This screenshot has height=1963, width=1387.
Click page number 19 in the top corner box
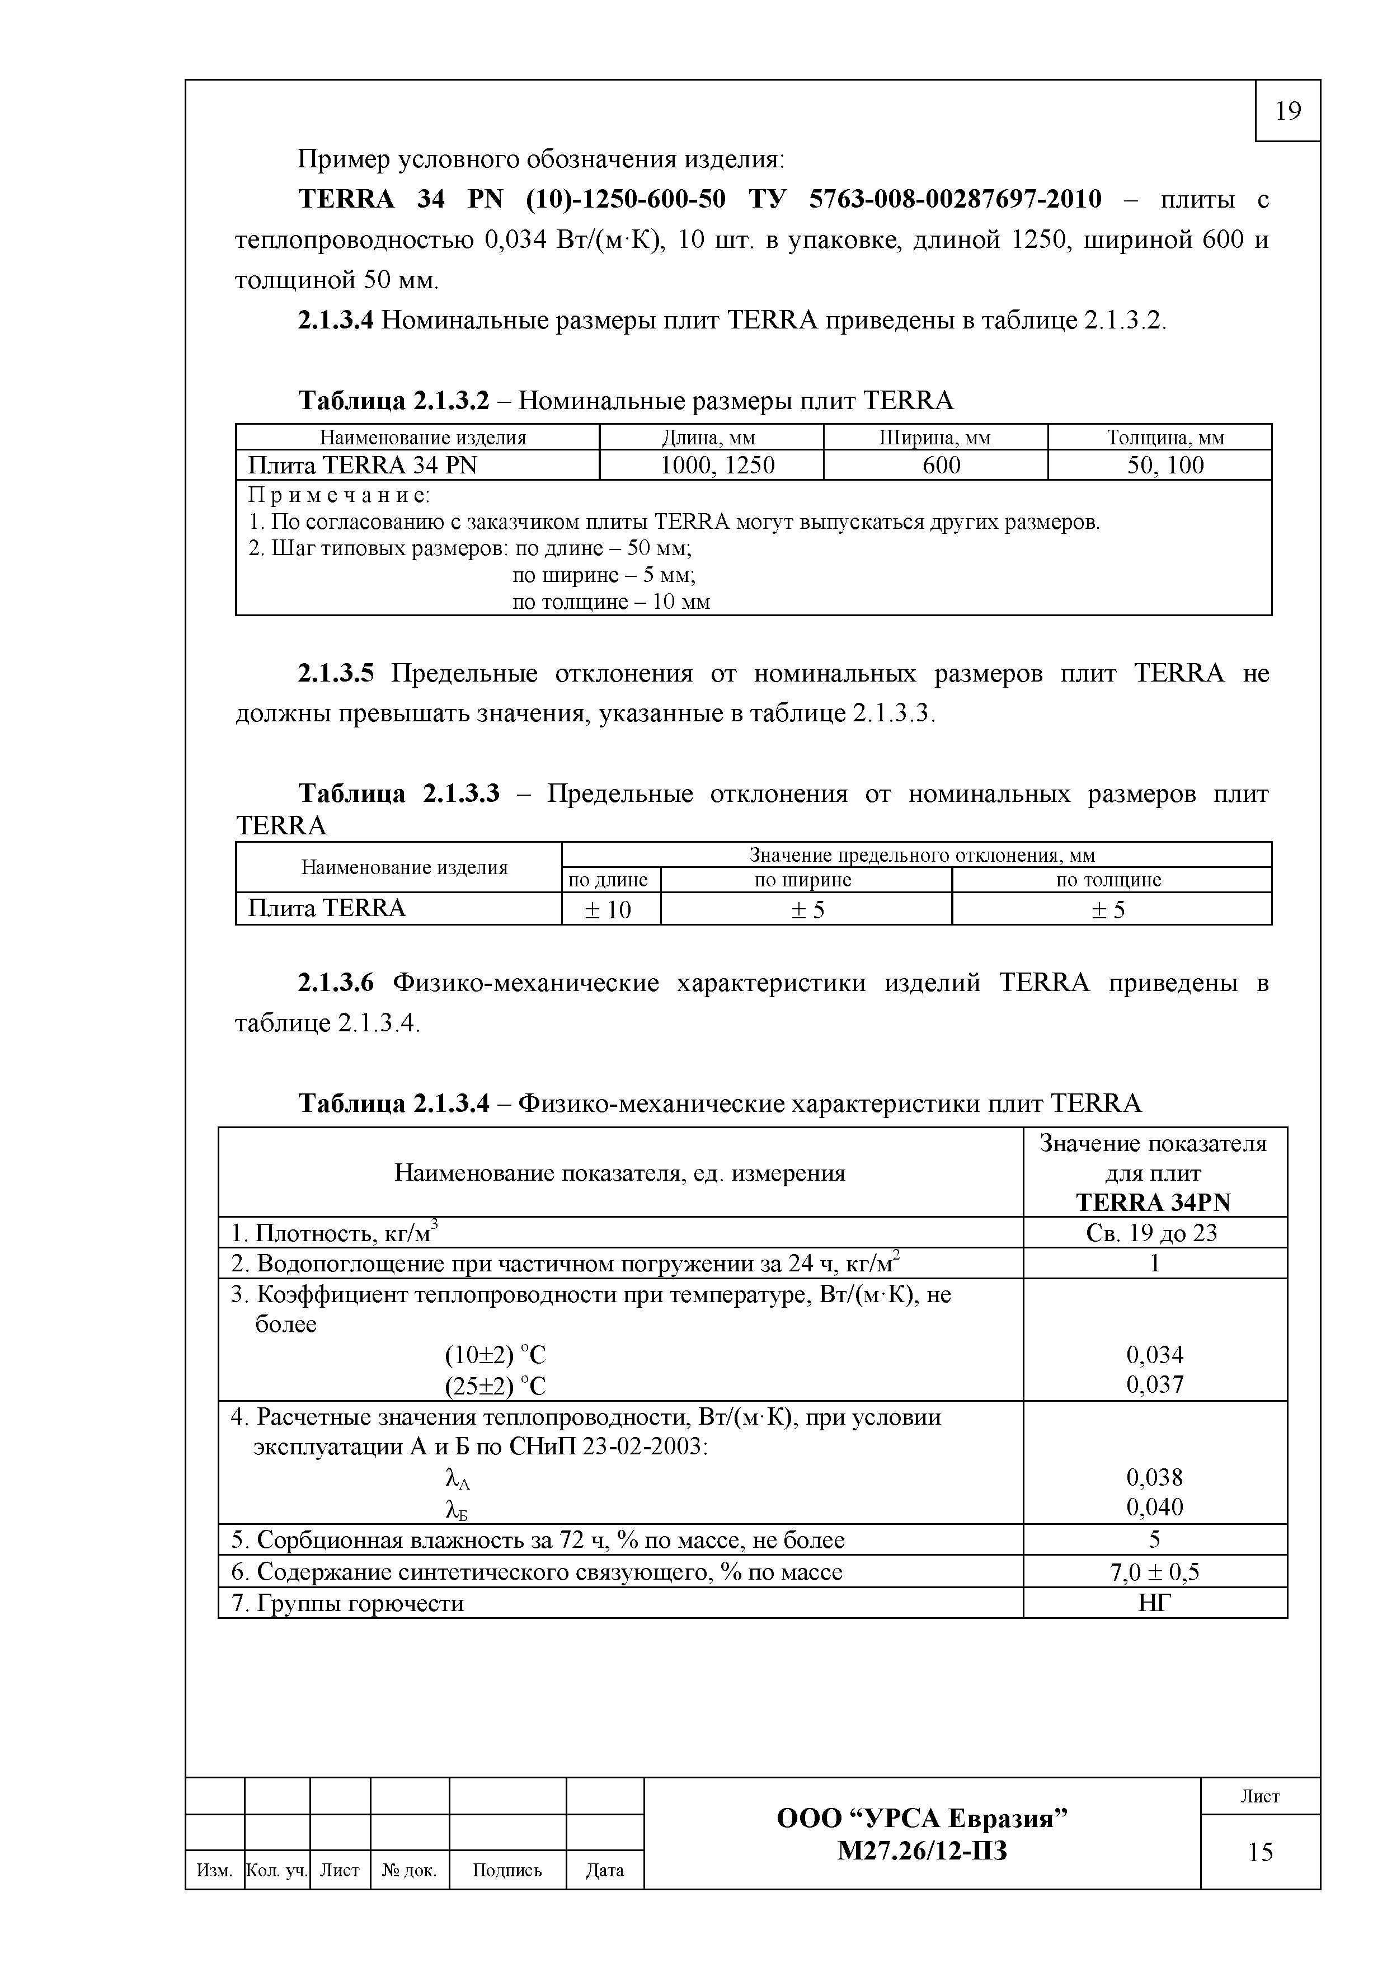point(1287,111)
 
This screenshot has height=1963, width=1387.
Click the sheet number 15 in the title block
point(1259,1852)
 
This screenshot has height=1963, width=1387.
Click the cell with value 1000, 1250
point(718,465)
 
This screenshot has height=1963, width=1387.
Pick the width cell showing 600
point(942,465)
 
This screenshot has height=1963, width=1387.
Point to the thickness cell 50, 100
point(1165,465)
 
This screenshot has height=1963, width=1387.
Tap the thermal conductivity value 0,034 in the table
point(1155,1354)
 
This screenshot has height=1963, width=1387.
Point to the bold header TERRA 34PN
point(1154,1202)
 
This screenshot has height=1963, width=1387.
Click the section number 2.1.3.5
point(336,674)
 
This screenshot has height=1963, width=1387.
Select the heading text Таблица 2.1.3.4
point(393,1103)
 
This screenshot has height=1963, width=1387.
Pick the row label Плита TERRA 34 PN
point(363,465)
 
